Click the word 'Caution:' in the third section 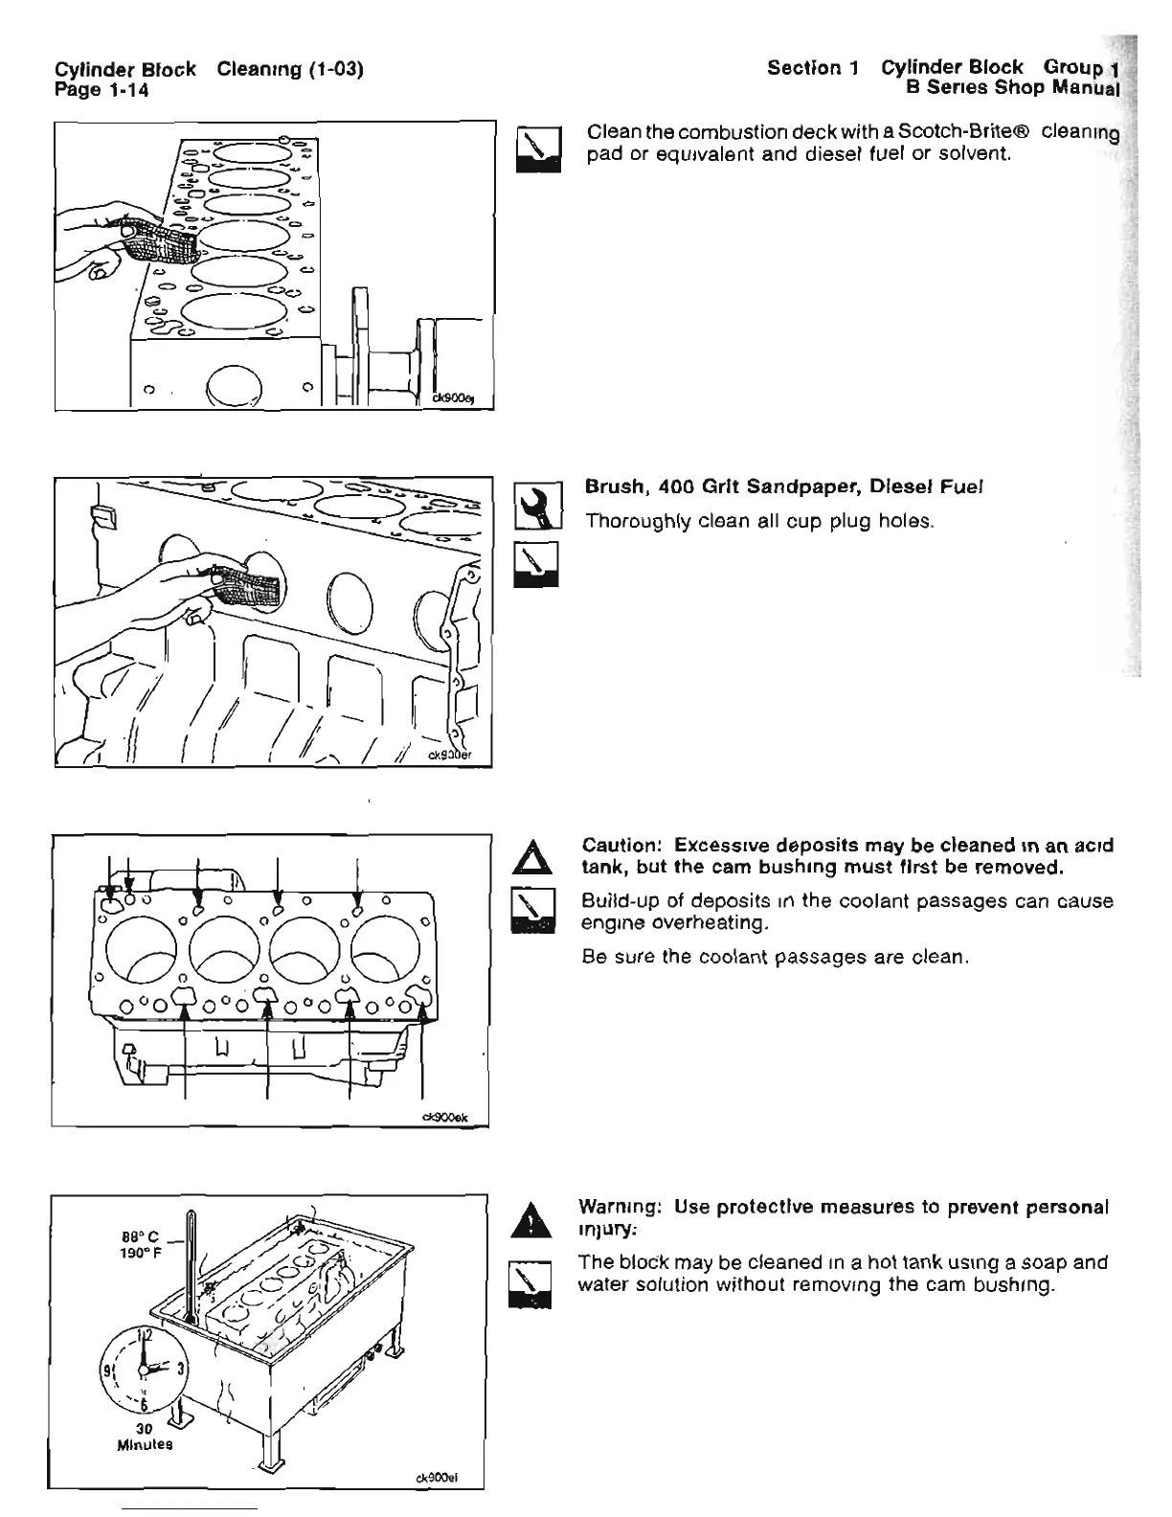pyautogui.click(x=622, y=846)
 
